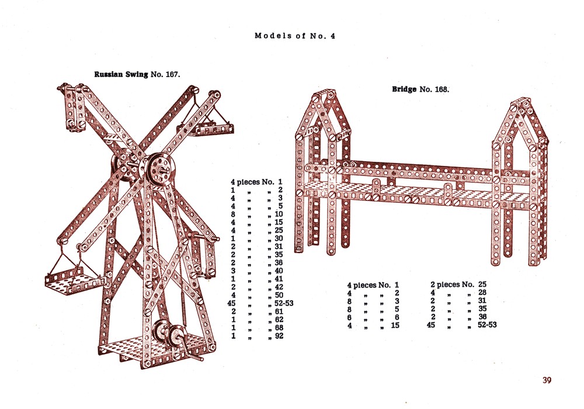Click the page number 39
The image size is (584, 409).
(547, 380)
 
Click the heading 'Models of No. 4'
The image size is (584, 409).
(295, 36)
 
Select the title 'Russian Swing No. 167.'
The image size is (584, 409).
(137, 74)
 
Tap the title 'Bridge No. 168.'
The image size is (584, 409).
(420, 89)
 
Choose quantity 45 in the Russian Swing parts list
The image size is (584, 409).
(232, 303)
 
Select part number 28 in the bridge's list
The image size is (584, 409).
(482, 292)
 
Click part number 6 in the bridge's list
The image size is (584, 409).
(397, 317)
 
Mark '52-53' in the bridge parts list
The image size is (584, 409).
(487, 325)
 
